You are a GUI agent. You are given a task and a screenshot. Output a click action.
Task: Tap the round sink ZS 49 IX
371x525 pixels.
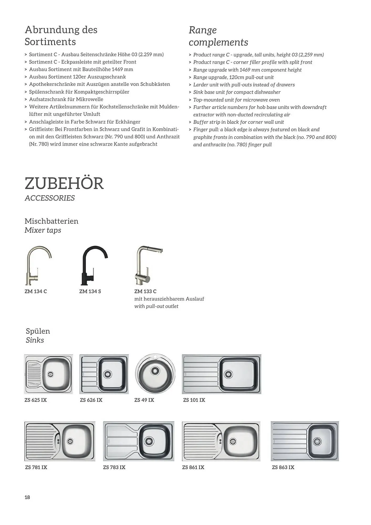pyautogui.click(x=155, y=374)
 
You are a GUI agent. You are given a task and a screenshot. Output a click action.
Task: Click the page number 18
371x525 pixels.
pyautogui.click(x=27, y=497)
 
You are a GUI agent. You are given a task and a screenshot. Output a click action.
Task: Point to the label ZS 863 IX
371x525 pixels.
pyautogui.click(x=283, y=467)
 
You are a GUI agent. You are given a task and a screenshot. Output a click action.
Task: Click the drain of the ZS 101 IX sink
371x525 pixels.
pyautogui.click(x=228, y=374)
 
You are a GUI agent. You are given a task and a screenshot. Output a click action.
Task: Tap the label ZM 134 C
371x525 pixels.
pyautogui.click(x=36, y=291)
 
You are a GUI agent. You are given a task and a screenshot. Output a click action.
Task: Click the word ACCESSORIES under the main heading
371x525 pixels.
pyautogui.click(x=50, y=198)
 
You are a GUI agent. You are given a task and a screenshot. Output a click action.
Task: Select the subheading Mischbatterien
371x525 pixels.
pyautogui.click(x=51, y=221)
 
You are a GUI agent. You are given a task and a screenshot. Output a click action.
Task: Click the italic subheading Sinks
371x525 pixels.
pyautogui.click(x=35, y=340)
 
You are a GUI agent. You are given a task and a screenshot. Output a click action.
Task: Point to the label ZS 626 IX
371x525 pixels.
pyautogui.click(x=91, y=400)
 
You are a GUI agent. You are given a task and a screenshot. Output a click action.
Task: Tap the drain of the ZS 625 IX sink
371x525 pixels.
pyautogui.click(x=50, y=374)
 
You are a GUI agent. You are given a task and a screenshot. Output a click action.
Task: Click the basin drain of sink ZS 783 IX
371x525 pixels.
pyautogui.click(x=149, y=441)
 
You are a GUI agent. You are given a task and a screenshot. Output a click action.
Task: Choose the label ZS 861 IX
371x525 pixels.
pyautogui.click(x=193, y=467)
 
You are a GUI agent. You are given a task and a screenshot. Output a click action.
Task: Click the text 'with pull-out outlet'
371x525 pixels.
pyautogui.click(x=156, y=306)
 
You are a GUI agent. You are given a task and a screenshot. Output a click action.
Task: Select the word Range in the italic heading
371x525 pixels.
pyautogui.click(x=203, y=30)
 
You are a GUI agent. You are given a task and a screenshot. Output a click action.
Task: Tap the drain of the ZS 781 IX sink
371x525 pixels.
pyautogui.click(x=70, y=441)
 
